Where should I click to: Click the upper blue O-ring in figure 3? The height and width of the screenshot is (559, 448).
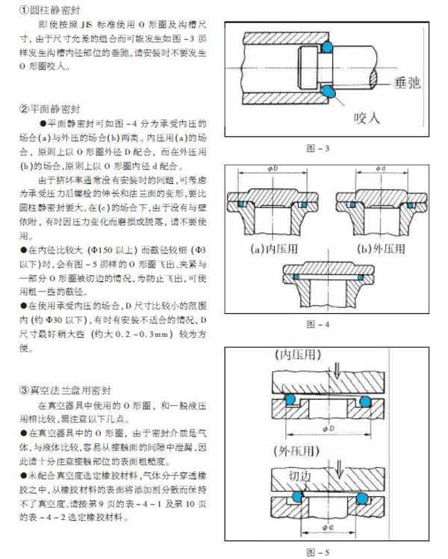pos(326,47)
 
